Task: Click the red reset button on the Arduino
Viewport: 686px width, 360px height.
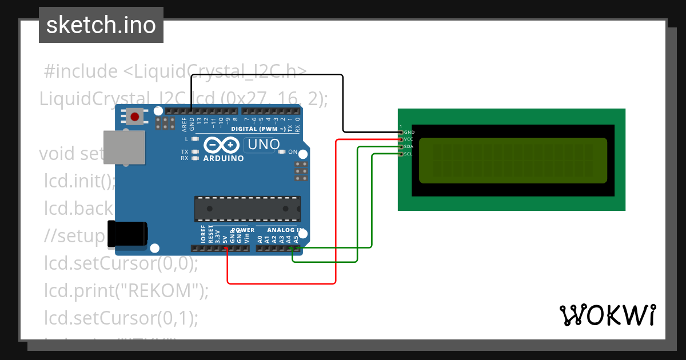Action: click(134, 117)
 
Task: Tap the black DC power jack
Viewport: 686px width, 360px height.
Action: click(127, 234)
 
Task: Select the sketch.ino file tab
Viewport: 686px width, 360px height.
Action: click(101, 25)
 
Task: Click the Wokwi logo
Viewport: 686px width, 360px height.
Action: click(607, 315)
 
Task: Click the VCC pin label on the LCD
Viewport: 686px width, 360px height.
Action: click(409, 139)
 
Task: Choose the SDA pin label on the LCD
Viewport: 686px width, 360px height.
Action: click(409, 146)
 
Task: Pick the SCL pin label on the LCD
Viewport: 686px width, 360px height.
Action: click(409, 154)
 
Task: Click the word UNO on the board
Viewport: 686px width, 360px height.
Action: click(264, 145)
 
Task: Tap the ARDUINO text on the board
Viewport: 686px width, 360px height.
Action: click(224, 158)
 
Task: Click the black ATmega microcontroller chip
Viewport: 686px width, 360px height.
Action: click(247, 209)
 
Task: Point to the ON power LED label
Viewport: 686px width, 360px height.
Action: click(292, 152)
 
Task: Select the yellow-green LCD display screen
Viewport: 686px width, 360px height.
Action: click(513, 161)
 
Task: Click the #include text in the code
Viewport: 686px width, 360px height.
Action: click(80, 71)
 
